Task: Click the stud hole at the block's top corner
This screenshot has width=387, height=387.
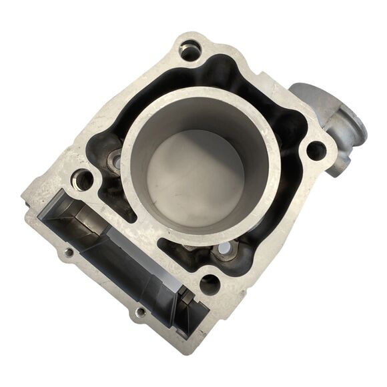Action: click(x=190, y=50)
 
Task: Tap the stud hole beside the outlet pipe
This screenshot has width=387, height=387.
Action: click(x=316, y=151)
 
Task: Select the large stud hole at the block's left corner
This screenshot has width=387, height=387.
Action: click(x=83, y=179)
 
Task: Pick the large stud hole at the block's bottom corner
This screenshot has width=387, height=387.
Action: click(x=210, y=285)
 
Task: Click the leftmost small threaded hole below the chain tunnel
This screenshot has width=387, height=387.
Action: click(x=69, y=253)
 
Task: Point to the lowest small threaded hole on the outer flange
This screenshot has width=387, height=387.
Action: click(x=141, y=312)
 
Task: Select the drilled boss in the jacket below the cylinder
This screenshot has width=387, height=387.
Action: click(x=226, y=250)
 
